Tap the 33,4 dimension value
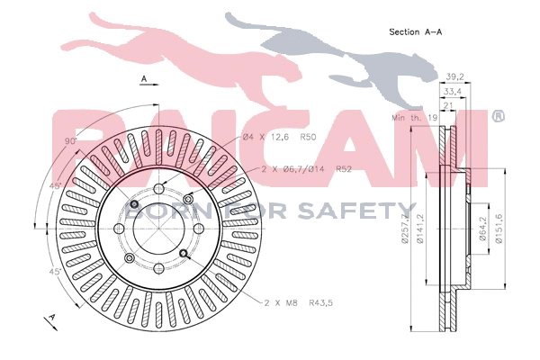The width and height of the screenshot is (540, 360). pyautogui.click(x=452, y=91)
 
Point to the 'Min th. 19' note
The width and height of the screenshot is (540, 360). pyautogui.click(x=412, y=118)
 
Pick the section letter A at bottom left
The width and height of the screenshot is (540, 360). pyautogui.click(x=51, y=318)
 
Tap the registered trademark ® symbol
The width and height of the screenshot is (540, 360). pyautogui.click(x=498, y=117)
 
